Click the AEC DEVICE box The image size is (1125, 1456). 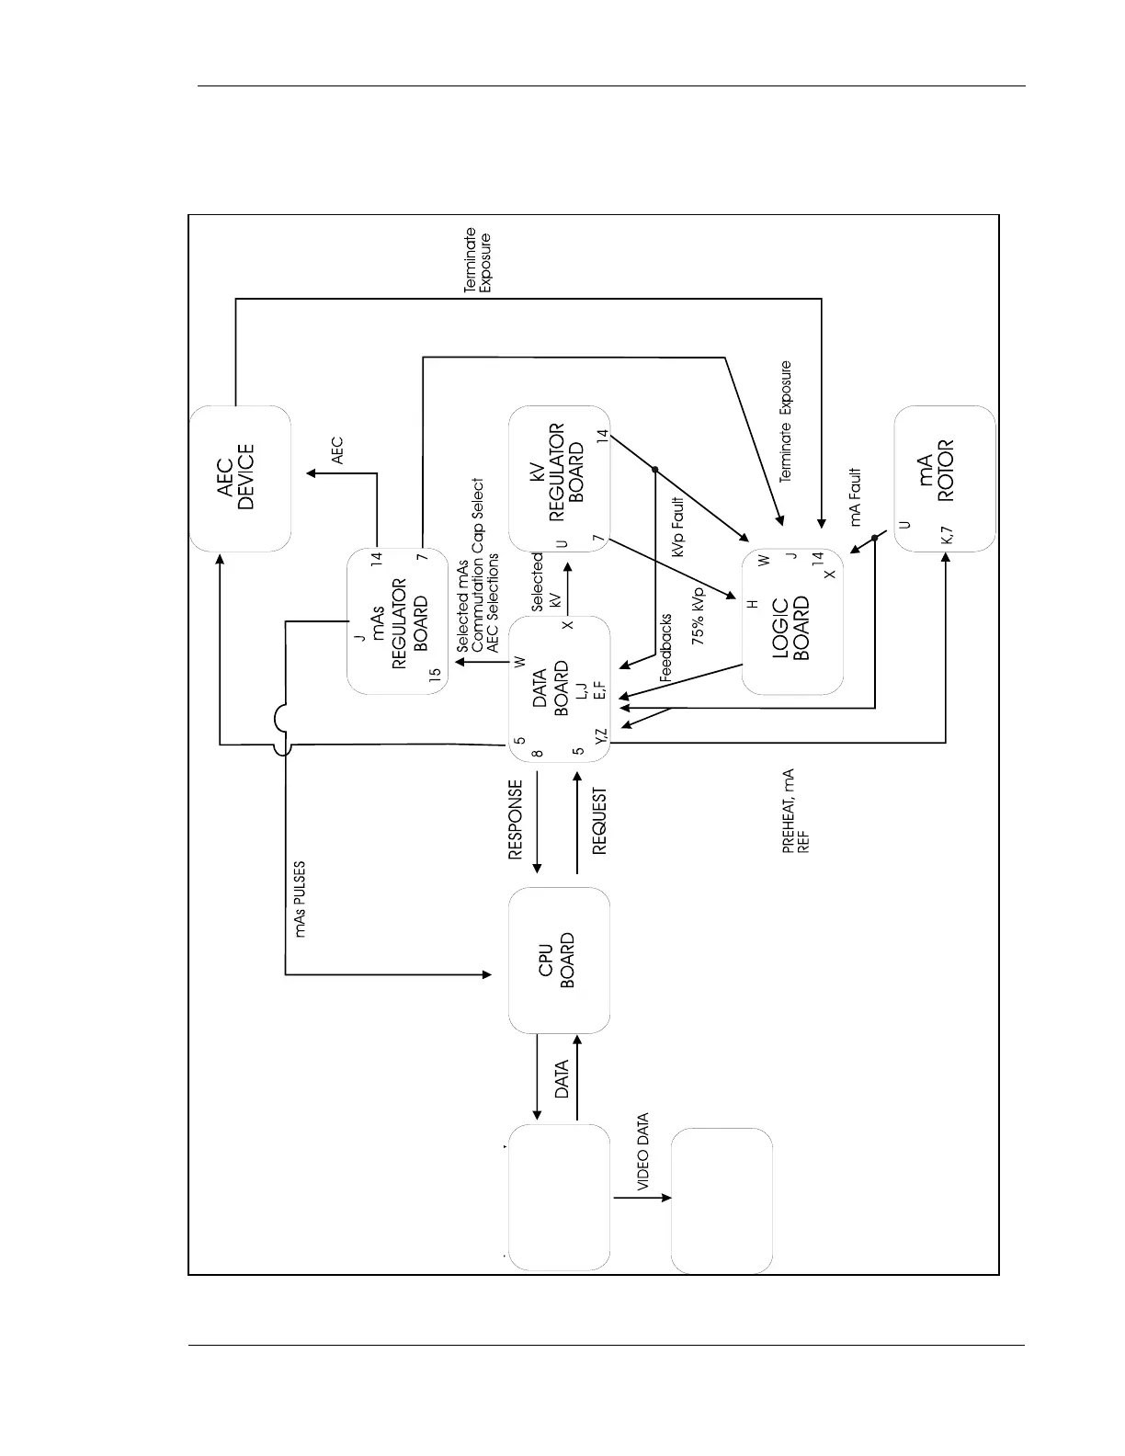pos(240,478)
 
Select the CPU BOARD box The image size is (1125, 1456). pos(559,961)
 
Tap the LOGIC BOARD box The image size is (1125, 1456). pos(792,621)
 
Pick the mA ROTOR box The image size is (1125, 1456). pos(944,478)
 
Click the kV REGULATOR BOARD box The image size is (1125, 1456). pos(559,478)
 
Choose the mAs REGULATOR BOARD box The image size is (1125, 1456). pos(397,621)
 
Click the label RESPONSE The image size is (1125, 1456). pos(516,820)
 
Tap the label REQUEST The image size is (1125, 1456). pos(599,821)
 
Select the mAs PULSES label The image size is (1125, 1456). pos(301,899)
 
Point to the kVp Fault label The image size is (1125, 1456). pos(679,527)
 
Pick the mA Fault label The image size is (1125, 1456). pos(856,497)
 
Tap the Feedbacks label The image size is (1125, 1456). pos(666,648)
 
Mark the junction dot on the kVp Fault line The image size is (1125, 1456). pos(655,470)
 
